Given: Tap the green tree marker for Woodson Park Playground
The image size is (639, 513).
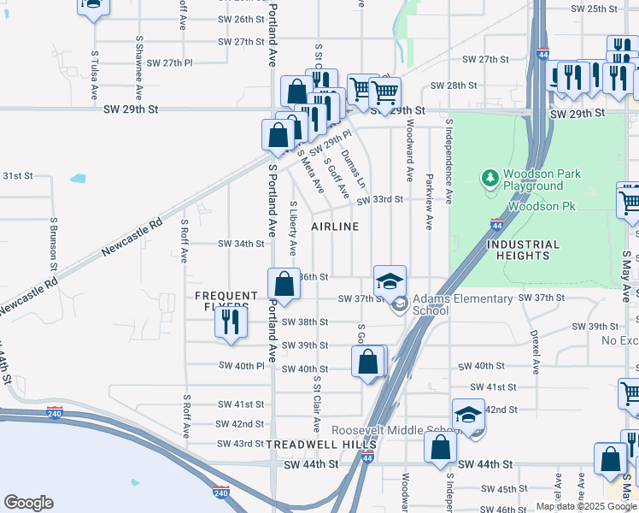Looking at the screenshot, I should (x=490, y=179).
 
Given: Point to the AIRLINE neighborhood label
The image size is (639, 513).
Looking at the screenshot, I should (x=335, y=227).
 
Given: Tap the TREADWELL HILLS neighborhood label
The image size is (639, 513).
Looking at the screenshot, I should (x=321, y=445).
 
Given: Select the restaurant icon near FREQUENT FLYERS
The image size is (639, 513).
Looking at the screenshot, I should (x=230, y=321).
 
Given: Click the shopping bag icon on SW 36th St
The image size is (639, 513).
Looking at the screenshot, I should (x=284, y=285).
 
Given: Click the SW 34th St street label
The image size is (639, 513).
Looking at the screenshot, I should (x=242, y=244).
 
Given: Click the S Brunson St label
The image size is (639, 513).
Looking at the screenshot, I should (x=53, y=244).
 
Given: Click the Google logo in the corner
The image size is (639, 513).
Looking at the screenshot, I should (x=28, y=503).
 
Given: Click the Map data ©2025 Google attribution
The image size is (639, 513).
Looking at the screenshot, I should (x=586, y=506).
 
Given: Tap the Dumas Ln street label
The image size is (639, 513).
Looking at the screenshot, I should (x=354, y=169).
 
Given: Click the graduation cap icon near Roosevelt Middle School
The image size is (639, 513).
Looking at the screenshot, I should (x=468, y=415).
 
